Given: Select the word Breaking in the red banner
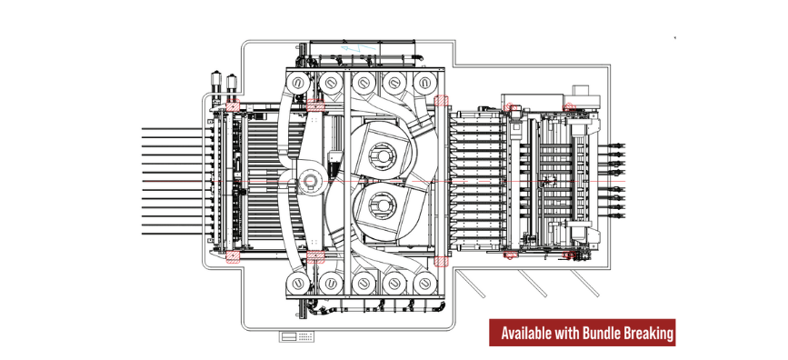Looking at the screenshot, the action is (648, 334).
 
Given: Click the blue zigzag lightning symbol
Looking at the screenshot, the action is (358, 48).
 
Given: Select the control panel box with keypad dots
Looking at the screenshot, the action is (296, 337).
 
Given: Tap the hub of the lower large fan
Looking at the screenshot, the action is (379, 205).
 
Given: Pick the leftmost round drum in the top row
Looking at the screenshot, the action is (297, 82).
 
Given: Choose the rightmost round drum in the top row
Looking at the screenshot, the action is (425, 82).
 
